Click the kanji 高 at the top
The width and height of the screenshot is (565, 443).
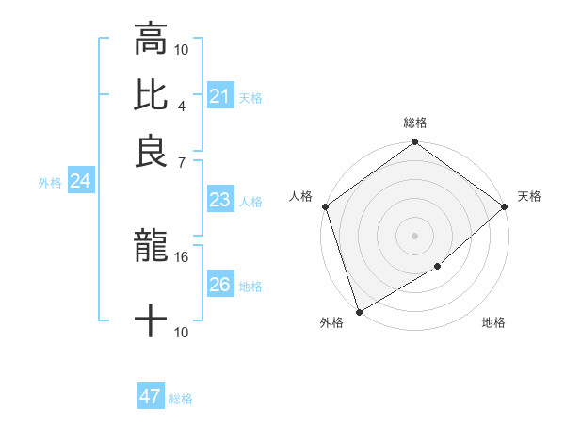(x=151, y=40)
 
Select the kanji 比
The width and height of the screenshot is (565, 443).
(x=151, y=96)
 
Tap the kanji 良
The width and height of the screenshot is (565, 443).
(x=151, y=152)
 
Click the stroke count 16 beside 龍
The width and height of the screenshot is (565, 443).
(x=182, y=256)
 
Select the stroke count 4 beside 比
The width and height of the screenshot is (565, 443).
(x=182, y=106)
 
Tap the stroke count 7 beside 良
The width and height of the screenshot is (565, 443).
(x=182, y=161)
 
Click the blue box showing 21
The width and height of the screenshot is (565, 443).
(x=219, y=96)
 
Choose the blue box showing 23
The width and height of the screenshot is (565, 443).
(x=219, y=200)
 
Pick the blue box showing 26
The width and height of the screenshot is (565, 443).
(x=219, y=285)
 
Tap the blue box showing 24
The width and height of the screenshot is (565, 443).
(x=80, y=182)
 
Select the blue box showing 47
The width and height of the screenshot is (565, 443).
(x=150, y=397)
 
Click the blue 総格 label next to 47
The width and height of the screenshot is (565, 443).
(x=181, y=399)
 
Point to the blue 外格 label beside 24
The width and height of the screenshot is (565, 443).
(x=50, y=183)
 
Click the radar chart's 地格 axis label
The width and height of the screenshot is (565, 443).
(x=493, y=323)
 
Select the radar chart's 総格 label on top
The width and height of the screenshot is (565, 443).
(x=414, y=123)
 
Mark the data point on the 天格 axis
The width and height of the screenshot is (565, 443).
(x=505, y=206)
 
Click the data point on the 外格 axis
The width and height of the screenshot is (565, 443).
(x=359, y=312)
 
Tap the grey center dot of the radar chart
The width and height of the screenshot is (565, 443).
(x=414, y=236)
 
